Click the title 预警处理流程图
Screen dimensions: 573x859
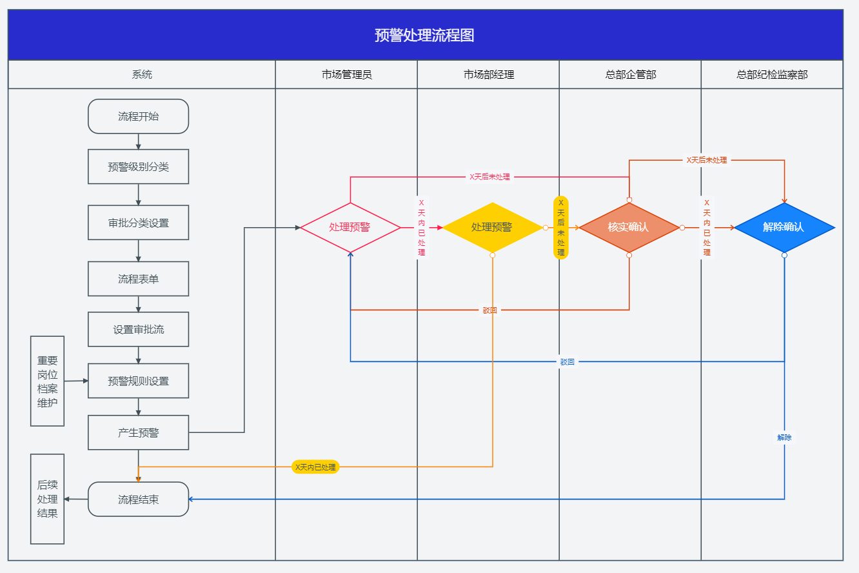[x=424, y=35]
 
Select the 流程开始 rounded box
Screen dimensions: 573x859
[x=138, y=117]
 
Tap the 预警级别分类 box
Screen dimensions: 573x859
[x=138, y=167]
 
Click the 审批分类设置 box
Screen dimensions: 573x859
[x=138, y=223]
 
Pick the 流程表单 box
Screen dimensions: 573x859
[x=138, y=279]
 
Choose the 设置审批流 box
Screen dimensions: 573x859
[x=138, y=330]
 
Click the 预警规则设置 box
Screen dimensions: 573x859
[x=138, y=381]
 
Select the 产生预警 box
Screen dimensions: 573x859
[x=138, y=432]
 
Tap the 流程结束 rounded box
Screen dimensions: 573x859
[x=138, y=499]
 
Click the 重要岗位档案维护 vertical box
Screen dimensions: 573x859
[x=47, y=381]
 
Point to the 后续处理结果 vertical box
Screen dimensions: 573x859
[x=47, y=499]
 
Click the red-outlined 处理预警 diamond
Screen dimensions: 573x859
[x=350, y=228]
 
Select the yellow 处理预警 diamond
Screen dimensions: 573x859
[x=492, y=228]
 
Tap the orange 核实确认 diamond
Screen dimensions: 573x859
[x=629, y=228]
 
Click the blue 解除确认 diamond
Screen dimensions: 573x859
[x=784, y=228]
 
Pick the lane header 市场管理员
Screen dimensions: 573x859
[x=346, y=75]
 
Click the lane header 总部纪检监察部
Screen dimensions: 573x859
[x=772, y=75]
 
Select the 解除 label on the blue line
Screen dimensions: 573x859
[x=784, y=437]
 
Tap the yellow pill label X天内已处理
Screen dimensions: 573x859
[x=315, y=467]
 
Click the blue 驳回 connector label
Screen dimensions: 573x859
[x=567, y=362]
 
